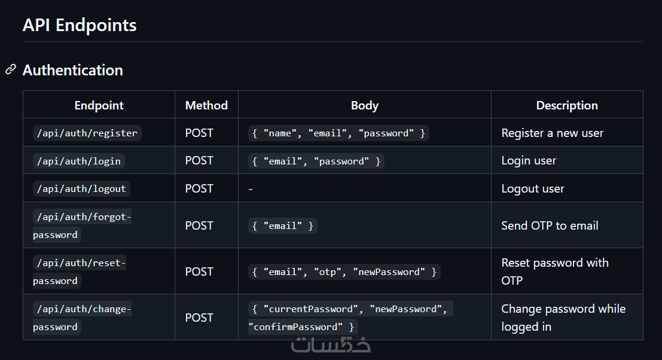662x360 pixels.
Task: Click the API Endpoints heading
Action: (x=80, y=25)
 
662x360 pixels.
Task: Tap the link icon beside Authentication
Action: (x=10, y=70)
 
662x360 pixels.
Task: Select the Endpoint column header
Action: (x=99, y=105)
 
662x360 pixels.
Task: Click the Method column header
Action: (x=206, y=105)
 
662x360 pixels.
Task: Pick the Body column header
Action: (x=364, y=105)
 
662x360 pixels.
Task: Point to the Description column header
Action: (x=566, y=105)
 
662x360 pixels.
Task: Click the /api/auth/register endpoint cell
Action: (x=87, y=133)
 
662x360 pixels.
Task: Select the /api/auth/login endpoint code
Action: (x=78, y=161)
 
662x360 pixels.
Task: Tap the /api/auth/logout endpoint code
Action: (x=81, y=188)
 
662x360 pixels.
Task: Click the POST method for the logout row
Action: (x=199, y=188)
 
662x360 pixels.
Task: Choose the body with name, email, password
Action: (x=338, y=133)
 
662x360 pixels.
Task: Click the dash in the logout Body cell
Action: (x=251, y=189)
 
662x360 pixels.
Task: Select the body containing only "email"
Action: (x=282, y=225)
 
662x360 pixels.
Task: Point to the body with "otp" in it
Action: (x=344, y=271)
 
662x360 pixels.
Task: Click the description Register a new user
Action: (x=552, y=133)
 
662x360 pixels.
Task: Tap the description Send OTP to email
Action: (x=550, y=225)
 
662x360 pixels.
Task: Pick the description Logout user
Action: (x=532, y=188)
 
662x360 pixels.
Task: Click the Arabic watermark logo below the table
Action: (x=331, y=344)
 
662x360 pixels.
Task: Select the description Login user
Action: (x=529, y=161)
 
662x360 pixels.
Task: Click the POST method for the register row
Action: (x=199, y=133)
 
